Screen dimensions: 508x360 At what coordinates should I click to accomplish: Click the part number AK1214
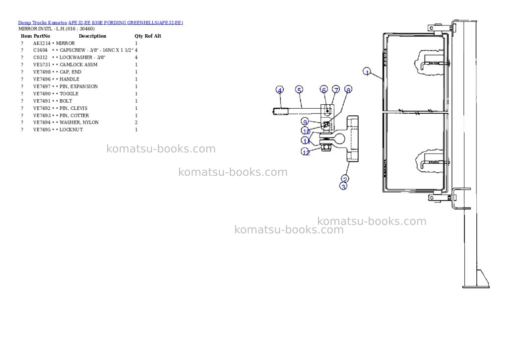[x=42, y=43]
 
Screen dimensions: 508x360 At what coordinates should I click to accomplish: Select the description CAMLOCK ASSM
[x=78, y=65]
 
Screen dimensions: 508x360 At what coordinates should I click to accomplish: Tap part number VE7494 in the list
[x=42, y=122]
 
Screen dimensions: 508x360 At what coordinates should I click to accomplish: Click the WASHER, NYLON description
[x=79, y=122]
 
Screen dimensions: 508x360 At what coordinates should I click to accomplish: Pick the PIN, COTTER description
[x=74, y=116]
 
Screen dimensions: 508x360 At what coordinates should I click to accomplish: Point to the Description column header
[x=92, y=36]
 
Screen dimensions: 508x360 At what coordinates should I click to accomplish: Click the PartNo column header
[x=42, y=36]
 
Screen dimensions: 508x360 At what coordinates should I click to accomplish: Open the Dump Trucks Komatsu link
[x=43, y=23]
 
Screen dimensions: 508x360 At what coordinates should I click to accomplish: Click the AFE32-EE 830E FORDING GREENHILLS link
[x=126, y=23]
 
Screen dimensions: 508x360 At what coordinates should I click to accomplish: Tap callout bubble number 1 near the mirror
[x=367, y=72]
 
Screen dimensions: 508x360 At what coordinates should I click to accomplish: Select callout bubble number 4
[x=280, y=90]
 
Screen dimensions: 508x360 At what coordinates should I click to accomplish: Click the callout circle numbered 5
[x=299, y=89]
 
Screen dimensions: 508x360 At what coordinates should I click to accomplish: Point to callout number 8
[x=348, y=89]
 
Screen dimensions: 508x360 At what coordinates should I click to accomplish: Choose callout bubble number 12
[x=306, y=152]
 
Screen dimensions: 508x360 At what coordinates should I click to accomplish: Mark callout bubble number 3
[x=343, y=186]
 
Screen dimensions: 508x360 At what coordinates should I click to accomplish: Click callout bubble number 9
[x=305, y=122]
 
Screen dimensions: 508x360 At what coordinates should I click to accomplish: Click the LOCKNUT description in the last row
[x=71, y=130]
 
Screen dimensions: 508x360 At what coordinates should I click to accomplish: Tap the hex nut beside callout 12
[x=326, y=148]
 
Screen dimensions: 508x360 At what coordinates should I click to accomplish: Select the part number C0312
[x=40, y=58]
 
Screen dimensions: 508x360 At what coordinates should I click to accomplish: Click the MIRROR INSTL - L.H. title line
[x=57, y=29]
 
